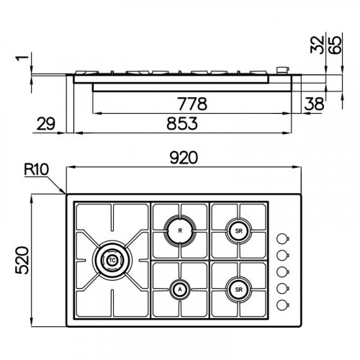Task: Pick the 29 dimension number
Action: [x=45, y=125]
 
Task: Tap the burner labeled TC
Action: [x=112, y=257]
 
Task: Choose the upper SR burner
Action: [x=238, y=231]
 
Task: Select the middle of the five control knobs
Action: [x=284, y=270]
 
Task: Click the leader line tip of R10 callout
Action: [x=66, y=192]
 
